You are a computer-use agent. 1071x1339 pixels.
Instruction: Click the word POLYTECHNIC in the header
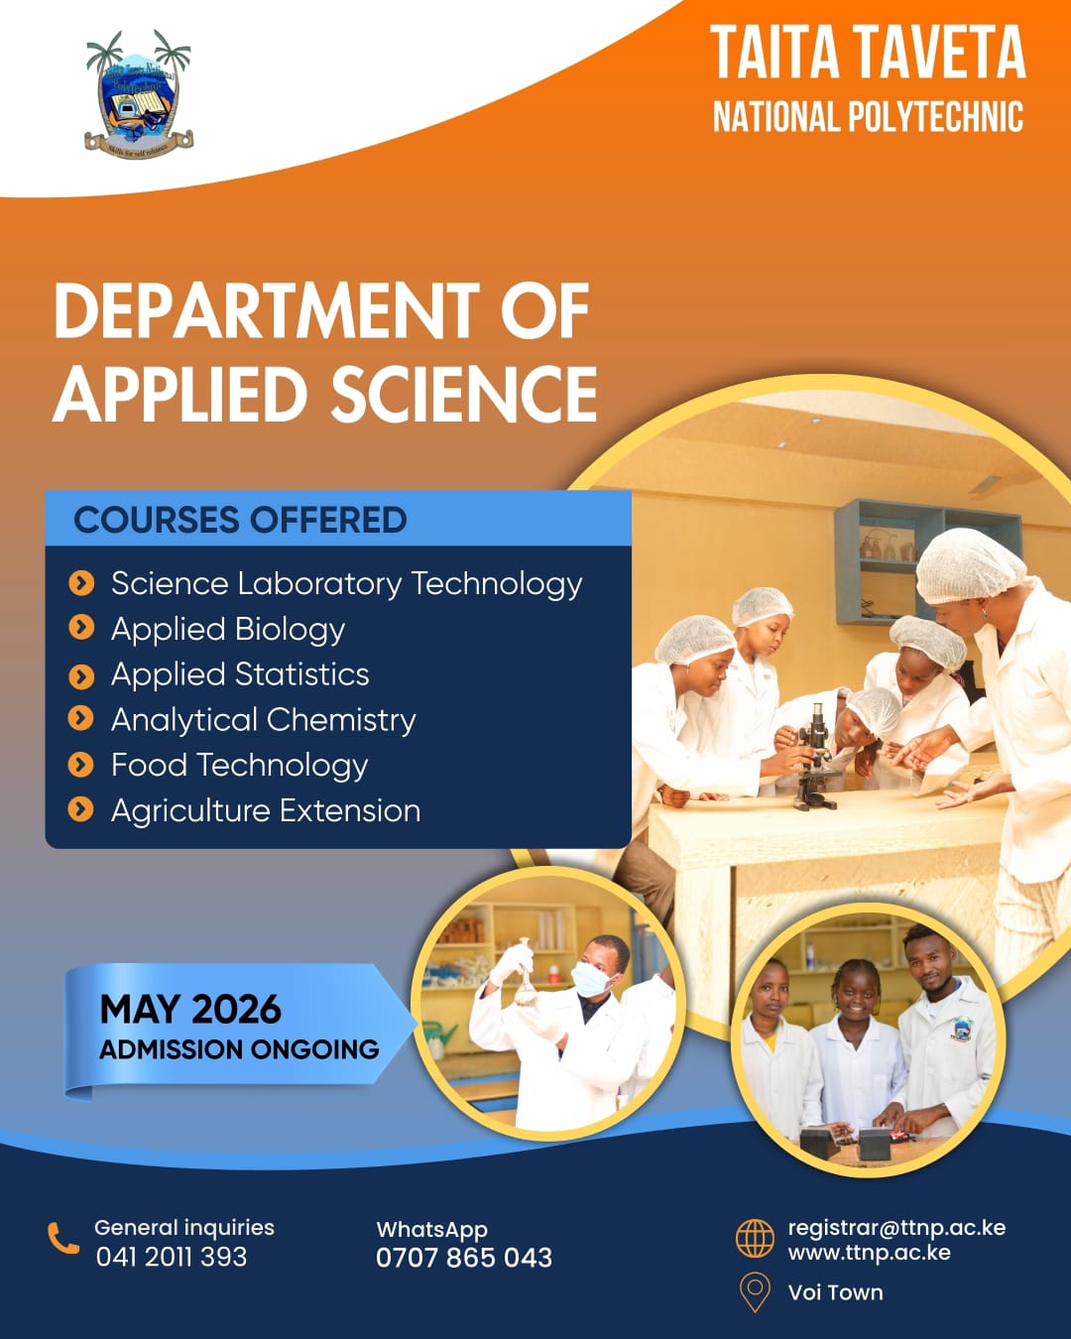932,117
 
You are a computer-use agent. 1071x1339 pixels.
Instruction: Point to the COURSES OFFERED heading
240,520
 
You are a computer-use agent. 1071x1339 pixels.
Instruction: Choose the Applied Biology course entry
227,629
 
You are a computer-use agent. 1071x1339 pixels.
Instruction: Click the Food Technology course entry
239,765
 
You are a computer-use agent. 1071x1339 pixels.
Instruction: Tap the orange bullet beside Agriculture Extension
80,810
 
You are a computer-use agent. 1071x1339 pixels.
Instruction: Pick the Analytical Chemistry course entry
263,719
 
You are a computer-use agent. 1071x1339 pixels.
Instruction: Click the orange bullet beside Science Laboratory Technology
80,583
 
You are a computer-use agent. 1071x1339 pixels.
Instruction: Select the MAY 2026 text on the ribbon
190,1010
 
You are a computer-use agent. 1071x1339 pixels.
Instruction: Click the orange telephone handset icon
63,1238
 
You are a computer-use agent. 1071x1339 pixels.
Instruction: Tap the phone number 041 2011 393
171,1258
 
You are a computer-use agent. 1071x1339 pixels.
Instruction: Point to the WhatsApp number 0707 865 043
463,1258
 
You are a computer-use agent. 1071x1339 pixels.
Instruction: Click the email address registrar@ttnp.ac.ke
896,1228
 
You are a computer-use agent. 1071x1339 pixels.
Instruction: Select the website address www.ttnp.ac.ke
869,1253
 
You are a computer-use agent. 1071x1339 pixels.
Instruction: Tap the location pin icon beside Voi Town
755,1291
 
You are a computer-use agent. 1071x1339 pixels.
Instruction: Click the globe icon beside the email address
755,1238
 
